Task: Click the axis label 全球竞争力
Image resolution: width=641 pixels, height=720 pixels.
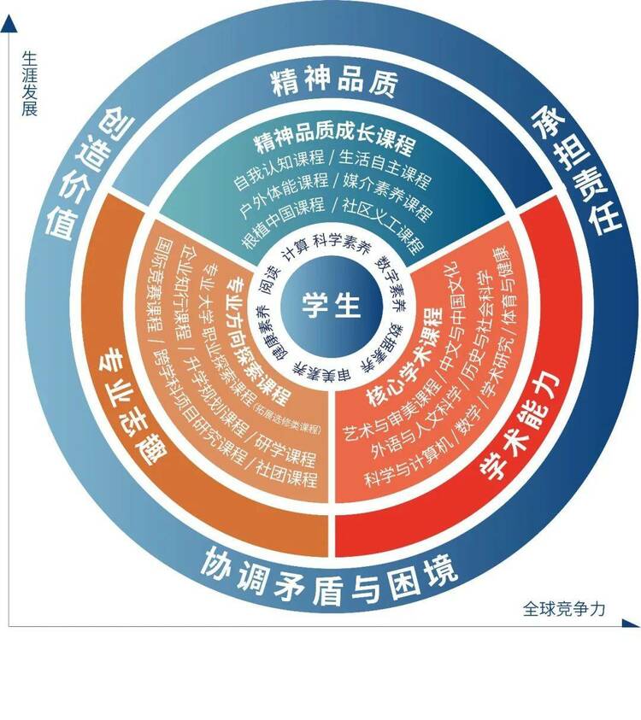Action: [563, 608]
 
